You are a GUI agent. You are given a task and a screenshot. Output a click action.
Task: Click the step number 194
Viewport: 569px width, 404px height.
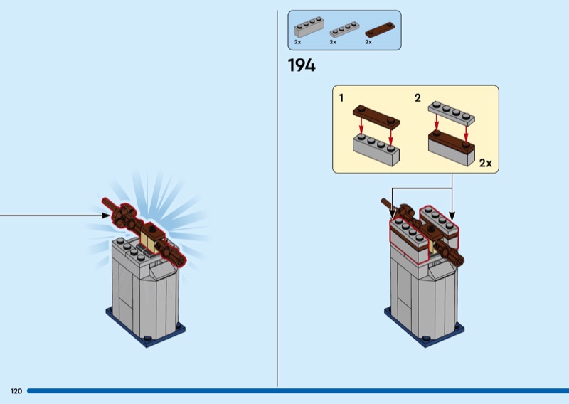pos(301,66)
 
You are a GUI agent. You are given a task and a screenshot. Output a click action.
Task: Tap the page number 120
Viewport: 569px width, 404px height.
pos(16,391)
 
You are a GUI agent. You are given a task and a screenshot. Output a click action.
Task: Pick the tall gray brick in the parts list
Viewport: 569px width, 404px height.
pos(308,28)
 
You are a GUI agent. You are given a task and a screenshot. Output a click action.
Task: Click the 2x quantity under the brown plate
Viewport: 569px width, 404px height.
pos(368,43)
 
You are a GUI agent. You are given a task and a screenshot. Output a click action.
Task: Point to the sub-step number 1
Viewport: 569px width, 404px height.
pos(341,97)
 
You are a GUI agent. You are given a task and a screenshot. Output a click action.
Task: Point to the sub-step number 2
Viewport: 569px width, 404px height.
pos(418,97)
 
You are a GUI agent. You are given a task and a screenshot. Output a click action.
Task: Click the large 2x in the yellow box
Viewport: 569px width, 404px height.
pos(485,163)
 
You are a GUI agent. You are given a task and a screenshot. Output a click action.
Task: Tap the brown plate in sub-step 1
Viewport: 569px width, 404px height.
pos(376,117)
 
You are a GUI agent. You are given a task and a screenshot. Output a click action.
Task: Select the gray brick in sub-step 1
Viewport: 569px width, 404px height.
pos(376,149)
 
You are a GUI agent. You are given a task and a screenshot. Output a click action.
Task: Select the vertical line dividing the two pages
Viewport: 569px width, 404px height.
pos(277,199)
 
